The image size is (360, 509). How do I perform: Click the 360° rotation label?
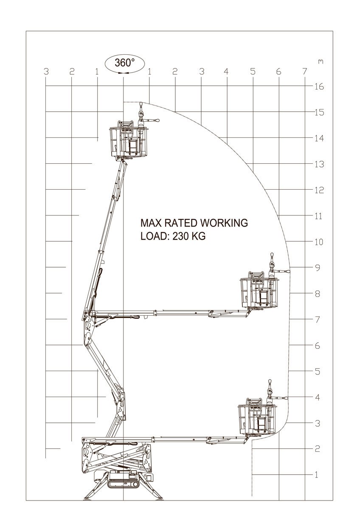click(124, 63)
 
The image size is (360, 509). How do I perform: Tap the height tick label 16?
click(319, 87)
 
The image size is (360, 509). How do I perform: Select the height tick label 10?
click(319, 242)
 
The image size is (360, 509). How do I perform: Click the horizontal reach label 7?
click(305, 71)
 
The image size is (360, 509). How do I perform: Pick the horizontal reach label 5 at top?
click(253, 71)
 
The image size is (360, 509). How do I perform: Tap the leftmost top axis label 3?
click(46, 71)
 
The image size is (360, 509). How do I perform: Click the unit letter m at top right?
click(321, 62)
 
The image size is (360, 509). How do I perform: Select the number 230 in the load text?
click(181, 236)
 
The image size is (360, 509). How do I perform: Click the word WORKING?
click(224, 223)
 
